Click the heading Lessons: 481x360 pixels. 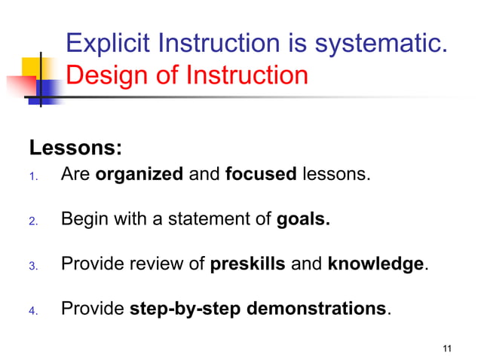pos(75,146)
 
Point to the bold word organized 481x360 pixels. pos(139,175)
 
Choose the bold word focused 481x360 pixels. pos(261,175)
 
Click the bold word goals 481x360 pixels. pos(304,220)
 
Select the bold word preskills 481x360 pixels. pos(247,264)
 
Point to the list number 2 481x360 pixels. pos(32,222)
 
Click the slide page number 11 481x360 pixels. pos(447,347)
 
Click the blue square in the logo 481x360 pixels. pos(49,92)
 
